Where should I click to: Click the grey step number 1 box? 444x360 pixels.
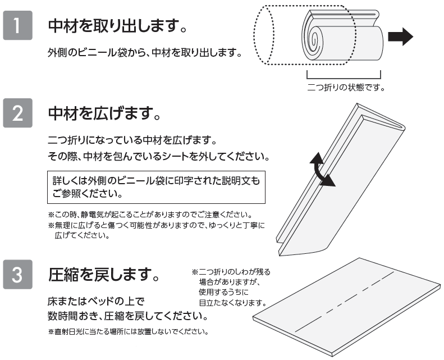17,25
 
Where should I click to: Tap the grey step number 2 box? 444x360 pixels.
17,113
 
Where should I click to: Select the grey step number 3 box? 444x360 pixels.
17,274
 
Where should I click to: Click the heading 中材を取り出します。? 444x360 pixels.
117,26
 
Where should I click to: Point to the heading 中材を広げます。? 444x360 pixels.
104,113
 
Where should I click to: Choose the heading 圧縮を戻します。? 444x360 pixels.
104,275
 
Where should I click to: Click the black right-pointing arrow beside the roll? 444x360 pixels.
400,37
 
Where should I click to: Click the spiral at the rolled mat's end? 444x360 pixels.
314,39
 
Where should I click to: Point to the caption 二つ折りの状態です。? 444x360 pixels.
346,87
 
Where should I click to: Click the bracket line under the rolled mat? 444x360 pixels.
344,78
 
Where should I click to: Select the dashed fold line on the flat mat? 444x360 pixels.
345,302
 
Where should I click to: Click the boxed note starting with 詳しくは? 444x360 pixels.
156,187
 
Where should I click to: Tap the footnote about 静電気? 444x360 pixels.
150,215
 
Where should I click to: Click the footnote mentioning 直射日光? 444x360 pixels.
129,331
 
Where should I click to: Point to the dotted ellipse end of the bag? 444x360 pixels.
264,35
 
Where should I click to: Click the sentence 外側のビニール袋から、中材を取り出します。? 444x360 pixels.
144,52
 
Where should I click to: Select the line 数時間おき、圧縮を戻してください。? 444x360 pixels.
128,316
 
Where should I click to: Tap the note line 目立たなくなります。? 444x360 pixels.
233,303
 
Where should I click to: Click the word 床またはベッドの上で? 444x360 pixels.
97,301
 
